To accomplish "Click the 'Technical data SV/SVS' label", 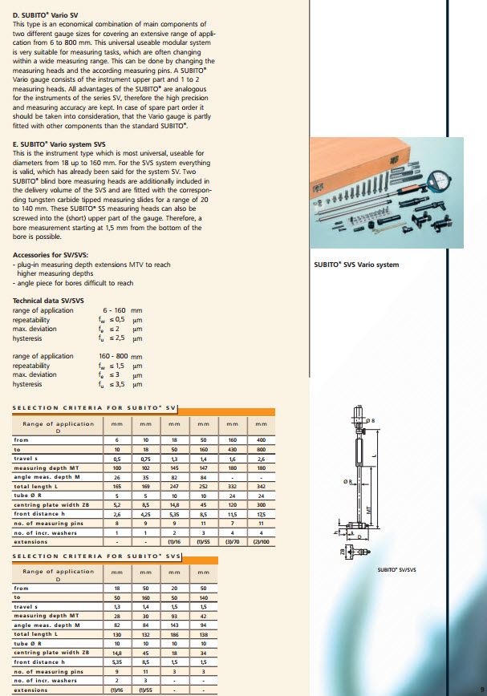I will [x=48, y=301].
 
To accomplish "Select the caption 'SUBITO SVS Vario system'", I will [x=355, y=265].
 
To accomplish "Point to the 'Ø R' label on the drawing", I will [x=347, y=481].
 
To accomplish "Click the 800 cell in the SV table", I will [x=261, y=449].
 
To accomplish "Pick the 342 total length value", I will [x=261, y=487].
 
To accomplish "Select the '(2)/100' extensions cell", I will [x=261, y=541].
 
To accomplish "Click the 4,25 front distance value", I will [x=145, y=514].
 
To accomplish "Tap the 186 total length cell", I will [x=174, y=633].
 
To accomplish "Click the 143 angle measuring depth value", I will [x=174, y=625].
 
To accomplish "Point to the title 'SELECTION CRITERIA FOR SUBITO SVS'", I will [x=94, y=556].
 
